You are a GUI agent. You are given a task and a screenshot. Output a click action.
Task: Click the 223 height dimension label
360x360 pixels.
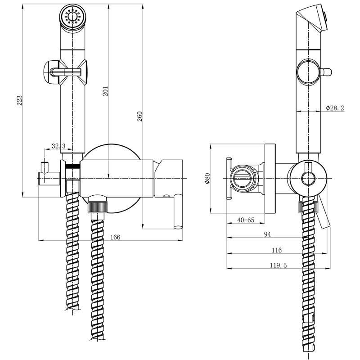[19, 100]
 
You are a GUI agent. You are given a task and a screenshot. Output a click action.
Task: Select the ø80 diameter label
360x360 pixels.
[207, 178]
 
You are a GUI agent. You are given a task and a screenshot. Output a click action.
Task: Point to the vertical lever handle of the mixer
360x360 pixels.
[178, 211]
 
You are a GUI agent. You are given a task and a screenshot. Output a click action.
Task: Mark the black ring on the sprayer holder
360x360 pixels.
[72, 166]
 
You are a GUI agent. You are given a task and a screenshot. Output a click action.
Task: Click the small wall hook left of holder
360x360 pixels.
[45, 173]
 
